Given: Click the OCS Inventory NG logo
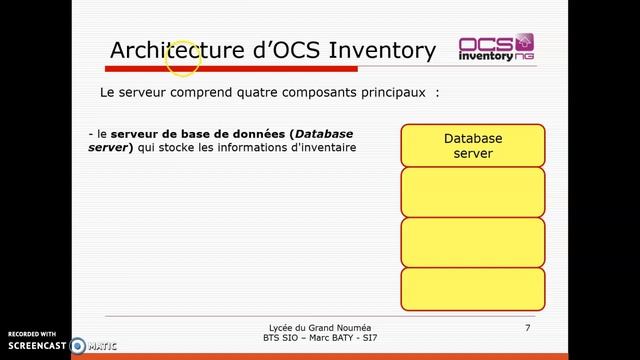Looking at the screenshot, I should tap(496, 49).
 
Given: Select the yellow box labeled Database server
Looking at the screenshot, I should tap(473, 145).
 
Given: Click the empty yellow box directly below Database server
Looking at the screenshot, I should tap(473, 191).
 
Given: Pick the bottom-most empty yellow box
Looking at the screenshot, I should tap(473, 289).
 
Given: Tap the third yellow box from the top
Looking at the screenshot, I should tap(473, 241).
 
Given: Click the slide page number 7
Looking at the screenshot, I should tap(527, 328).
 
